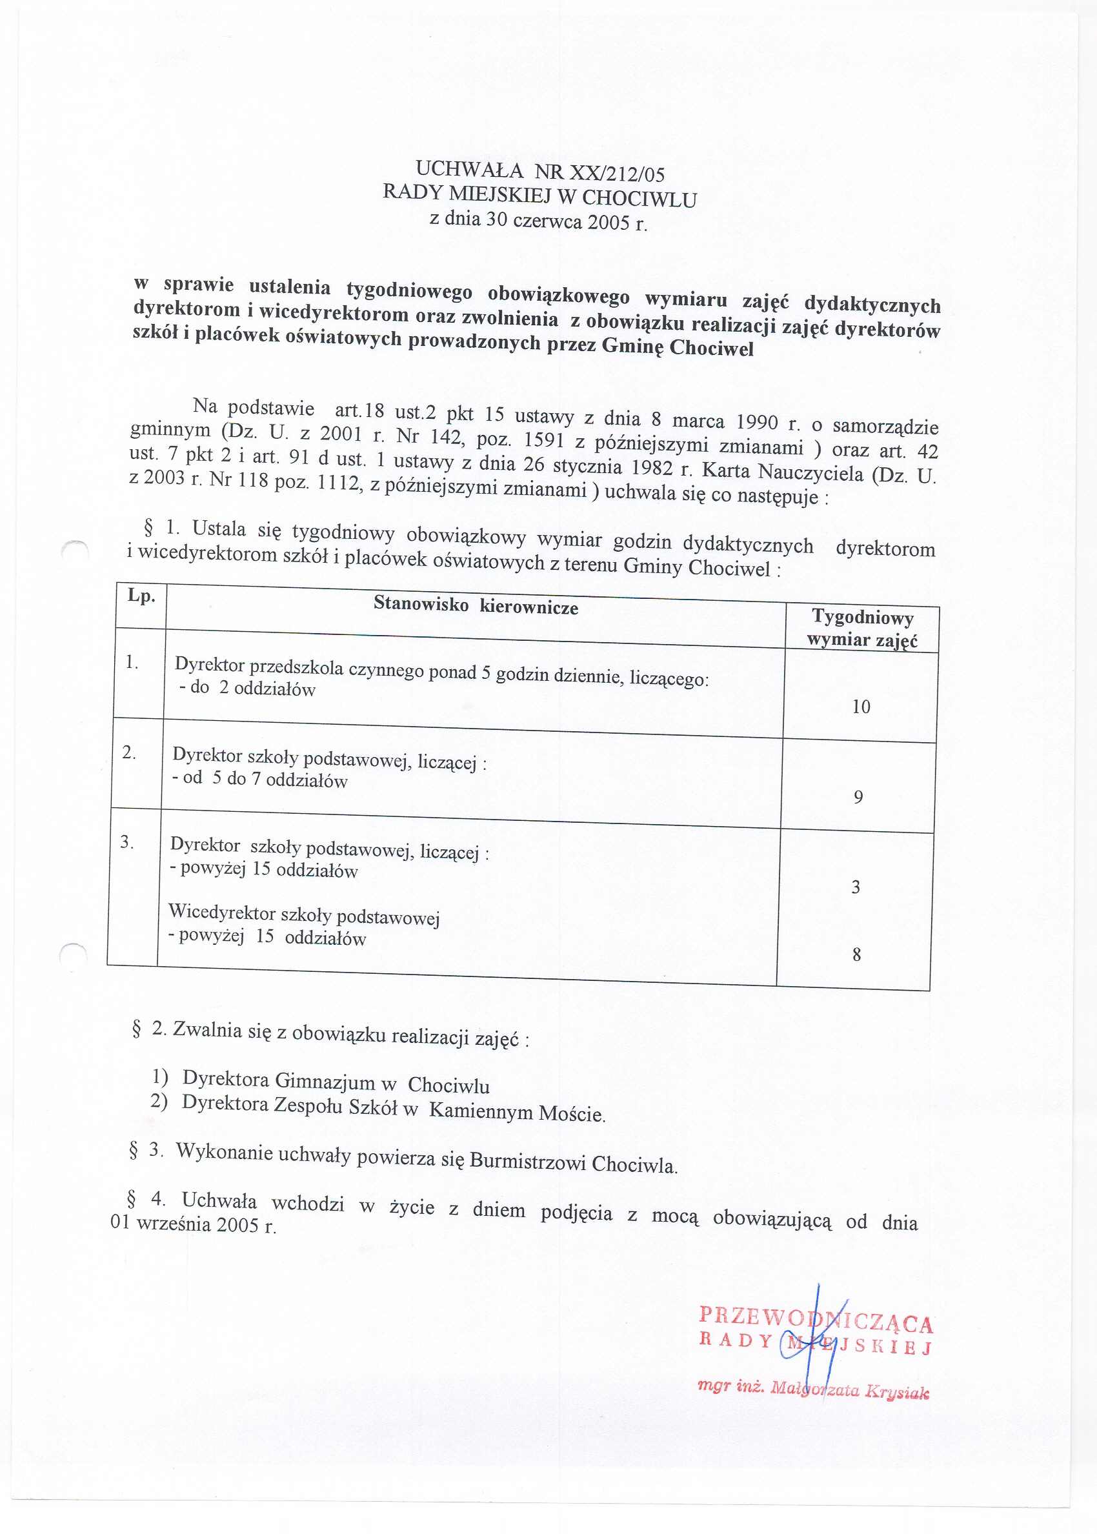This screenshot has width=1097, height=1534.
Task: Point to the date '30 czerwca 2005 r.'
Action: pyautogui.click(x=566, y=221)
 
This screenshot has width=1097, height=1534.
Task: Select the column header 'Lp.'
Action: pyautogui.click(x=141, y=596)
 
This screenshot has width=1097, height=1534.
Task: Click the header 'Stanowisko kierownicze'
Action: pyautogui.click(x=476, y=605)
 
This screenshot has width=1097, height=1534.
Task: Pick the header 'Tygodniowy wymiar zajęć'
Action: pyautogui.click(x=862, y=628)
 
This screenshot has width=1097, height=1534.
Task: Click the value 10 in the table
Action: pyautogui.click(x=861, y=707)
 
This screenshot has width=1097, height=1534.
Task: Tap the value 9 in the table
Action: pyautogui.click(x=858, y=798)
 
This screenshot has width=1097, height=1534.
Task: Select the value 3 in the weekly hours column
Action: pyautogui.click(x=856, y=887)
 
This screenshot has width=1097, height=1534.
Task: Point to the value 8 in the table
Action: pyautogui.click(x=856, y=955)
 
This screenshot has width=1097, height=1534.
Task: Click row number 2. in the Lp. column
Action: pyautogui.click(x=129, y=752)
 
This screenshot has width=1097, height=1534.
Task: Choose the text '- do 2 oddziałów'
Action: pyautogui.click(x=247, y=689)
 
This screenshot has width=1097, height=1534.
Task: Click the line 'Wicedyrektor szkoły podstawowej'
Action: pyautogui.click(x=304, y=914)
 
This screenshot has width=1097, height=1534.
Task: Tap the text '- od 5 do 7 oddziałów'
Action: pyautogui.click(x=260, y=779)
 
